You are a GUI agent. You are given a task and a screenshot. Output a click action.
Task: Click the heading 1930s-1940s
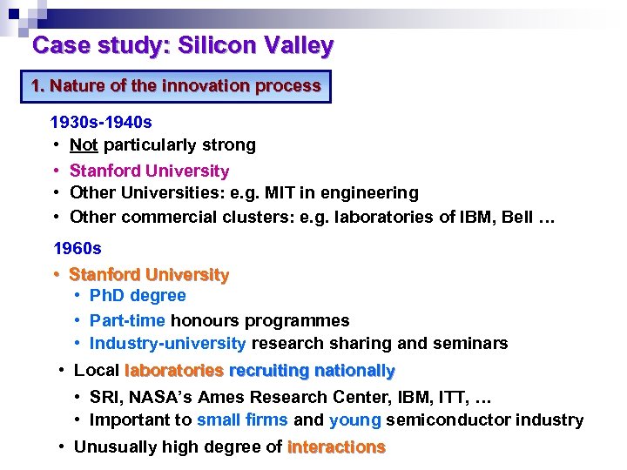[x=101, y=123]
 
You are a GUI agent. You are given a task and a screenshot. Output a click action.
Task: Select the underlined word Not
[x=84, y=145]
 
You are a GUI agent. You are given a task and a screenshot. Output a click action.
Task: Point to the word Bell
[x=516, y=217]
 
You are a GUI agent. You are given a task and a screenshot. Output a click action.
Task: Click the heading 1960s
[x=78, y=248]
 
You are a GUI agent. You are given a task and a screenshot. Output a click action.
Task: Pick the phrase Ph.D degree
[x=138, y=296]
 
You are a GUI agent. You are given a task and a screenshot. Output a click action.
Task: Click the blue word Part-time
[x=127, y=320]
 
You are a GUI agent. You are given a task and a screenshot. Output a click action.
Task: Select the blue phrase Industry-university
[x=167, y=344]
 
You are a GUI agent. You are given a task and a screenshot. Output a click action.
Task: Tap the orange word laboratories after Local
[x=174, y=371]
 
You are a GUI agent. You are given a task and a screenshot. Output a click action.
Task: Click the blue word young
[x=354, y=420]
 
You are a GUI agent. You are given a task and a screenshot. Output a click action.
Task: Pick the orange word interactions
[x=336, y=447]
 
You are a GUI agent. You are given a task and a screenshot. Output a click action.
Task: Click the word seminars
[x=473, y=344]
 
